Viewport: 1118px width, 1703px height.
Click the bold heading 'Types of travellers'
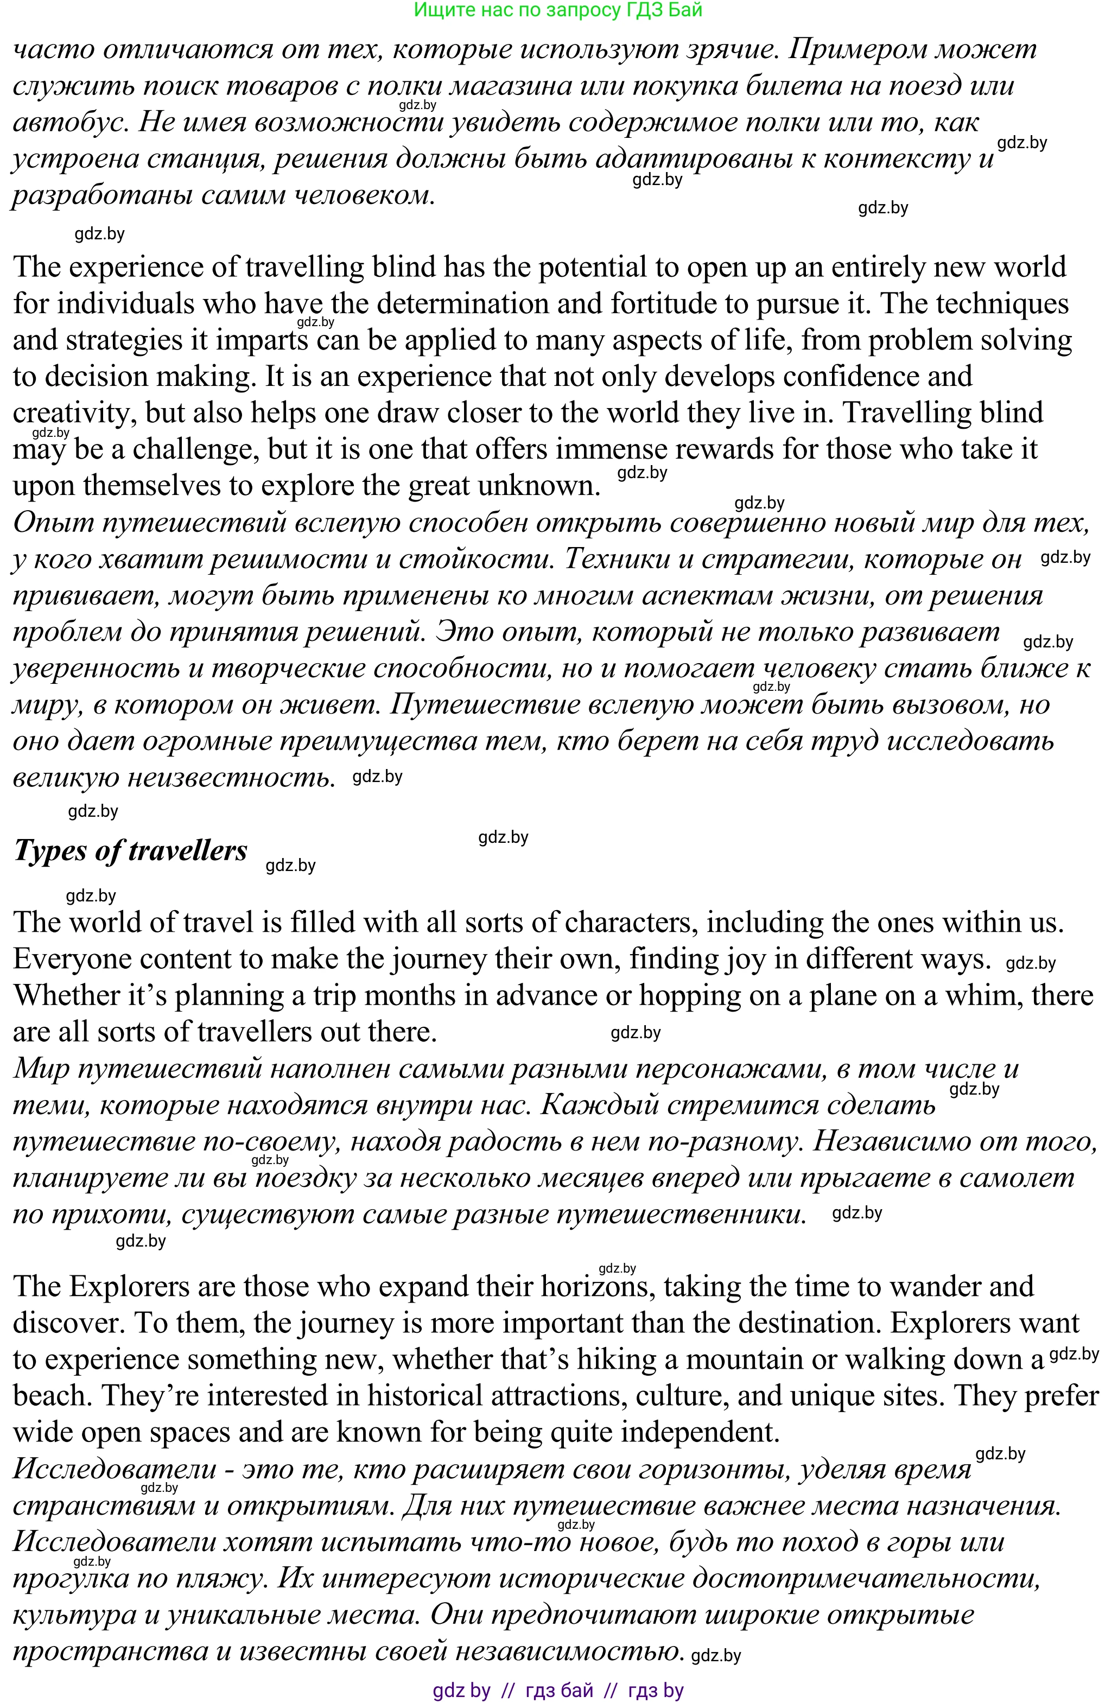(x=131, y=851)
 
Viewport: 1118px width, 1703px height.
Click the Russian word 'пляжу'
(x=222, y=1578)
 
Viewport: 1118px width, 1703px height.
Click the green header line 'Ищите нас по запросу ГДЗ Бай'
(x=558, y=10)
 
